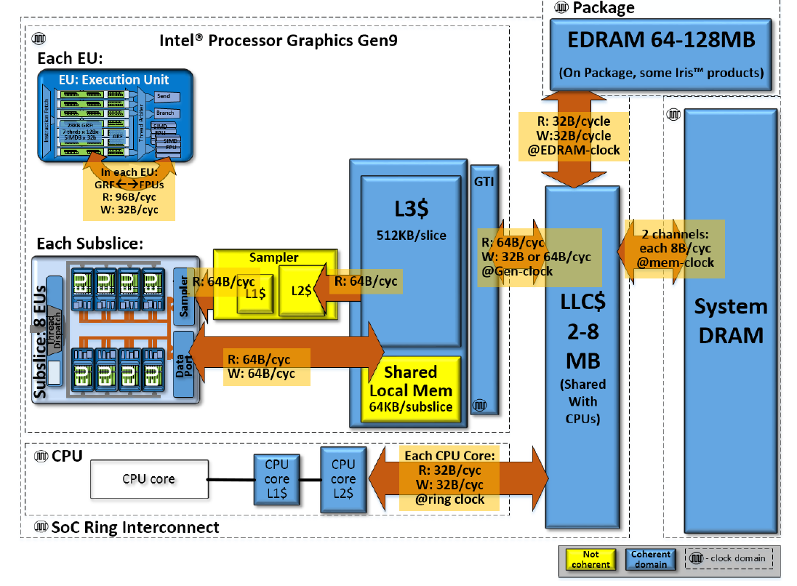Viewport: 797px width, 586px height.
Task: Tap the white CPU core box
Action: [x=148, y=479]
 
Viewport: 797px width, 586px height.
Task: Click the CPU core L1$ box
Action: [x=276, y=480]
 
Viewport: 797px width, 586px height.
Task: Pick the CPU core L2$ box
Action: [x=343, y=479]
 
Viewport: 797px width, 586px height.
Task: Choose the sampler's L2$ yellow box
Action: [x=301, y=290]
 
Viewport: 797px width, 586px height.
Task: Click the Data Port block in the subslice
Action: [x=183, y=363]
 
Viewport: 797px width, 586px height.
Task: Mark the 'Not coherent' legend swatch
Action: [x=586, y=559]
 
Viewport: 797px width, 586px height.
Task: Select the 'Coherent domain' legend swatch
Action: [x=651, y=559]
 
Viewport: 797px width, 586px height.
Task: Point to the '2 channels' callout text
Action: [x=676, y=236]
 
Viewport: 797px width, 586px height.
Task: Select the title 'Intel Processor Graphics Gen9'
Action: [x=279, y=40]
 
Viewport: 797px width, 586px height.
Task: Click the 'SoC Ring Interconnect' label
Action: [x=135, y=527]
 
